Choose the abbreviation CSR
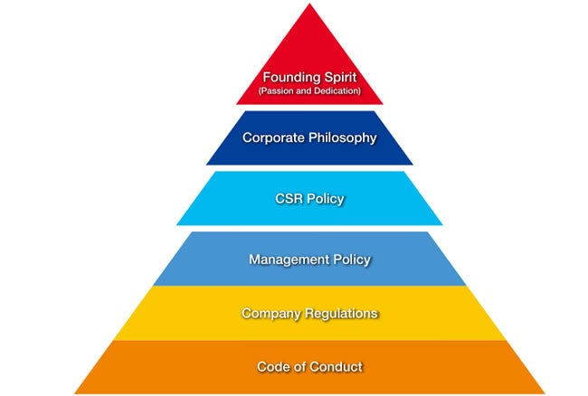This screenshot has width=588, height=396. click(288, 198)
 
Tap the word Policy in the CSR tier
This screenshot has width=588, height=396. click(326, 198)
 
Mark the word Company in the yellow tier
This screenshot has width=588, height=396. click(270, 313)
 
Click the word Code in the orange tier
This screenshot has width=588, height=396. click(270, 367)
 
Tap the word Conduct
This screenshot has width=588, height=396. click(337, 367)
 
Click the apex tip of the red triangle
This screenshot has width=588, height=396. click(309, 5)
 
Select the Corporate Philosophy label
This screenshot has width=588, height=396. click(309, 138)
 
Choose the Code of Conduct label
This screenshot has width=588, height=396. click(309, 367)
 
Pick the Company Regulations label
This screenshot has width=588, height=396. click(309, 313)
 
